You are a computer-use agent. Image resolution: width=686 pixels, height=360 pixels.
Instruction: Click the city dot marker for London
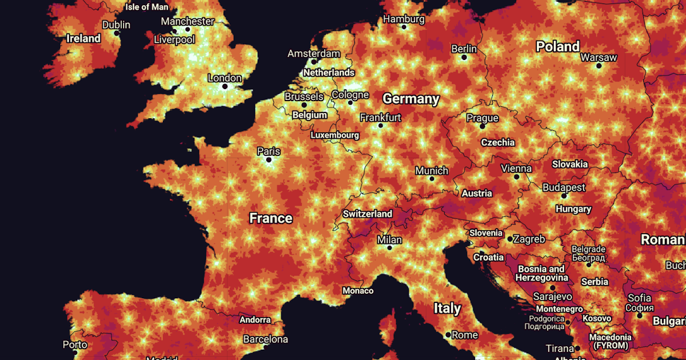point(225,87)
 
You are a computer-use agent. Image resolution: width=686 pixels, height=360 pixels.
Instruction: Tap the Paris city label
point(269,151)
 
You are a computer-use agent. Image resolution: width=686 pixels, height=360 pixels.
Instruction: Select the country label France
point(271,218)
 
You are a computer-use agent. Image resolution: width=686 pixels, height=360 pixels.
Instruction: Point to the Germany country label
point(411,99)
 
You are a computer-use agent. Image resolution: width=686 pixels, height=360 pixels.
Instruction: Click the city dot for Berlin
point(464,58)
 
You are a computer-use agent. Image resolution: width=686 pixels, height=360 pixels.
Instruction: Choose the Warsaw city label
point(599,57)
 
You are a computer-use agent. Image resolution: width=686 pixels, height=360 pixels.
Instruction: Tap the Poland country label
point(557,46)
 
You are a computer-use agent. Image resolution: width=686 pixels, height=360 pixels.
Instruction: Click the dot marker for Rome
point(448,334)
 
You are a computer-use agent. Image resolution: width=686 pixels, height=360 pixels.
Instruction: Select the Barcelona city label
point(265,339)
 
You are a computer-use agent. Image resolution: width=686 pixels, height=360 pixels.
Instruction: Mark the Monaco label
point(358,291)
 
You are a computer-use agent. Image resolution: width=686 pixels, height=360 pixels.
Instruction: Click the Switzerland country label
point(368,214)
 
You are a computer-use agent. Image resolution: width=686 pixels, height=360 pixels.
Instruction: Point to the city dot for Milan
point(390,248)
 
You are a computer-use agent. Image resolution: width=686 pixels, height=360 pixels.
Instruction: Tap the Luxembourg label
point(334,135)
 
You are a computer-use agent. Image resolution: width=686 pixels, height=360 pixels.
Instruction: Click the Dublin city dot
point(117,33)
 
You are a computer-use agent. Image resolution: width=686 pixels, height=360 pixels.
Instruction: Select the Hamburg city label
point(404,19)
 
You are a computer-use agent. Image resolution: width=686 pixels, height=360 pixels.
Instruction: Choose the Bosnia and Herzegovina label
point(541,273)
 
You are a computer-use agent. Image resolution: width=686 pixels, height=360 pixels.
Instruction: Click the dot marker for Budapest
point(564,196)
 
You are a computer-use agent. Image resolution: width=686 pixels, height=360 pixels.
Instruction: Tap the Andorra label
point(255,319)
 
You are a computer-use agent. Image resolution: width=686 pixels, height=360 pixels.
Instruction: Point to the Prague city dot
point(482,126)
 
